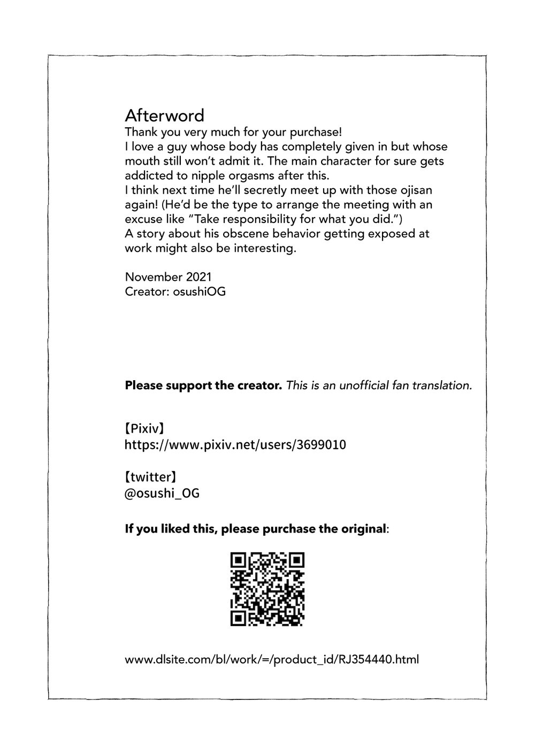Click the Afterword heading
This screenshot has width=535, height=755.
tap(164, 115)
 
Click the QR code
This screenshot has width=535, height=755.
tap(267, 589)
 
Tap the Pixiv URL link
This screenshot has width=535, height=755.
tap(235, 445)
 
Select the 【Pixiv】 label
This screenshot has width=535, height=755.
tap(144, 428)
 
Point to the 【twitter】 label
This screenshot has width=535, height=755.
tap(150, 476)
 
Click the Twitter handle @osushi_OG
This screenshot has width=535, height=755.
tap(162, 493)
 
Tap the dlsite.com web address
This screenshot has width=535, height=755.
tap(271, 659)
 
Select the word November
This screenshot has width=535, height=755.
tap(154, 277)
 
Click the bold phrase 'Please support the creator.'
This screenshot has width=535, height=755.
tap(203, 385)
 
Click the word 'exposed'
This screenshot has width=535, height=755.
tap(396, 234)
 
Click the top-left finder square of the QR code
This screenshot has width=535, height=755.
tap(239, 561)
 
